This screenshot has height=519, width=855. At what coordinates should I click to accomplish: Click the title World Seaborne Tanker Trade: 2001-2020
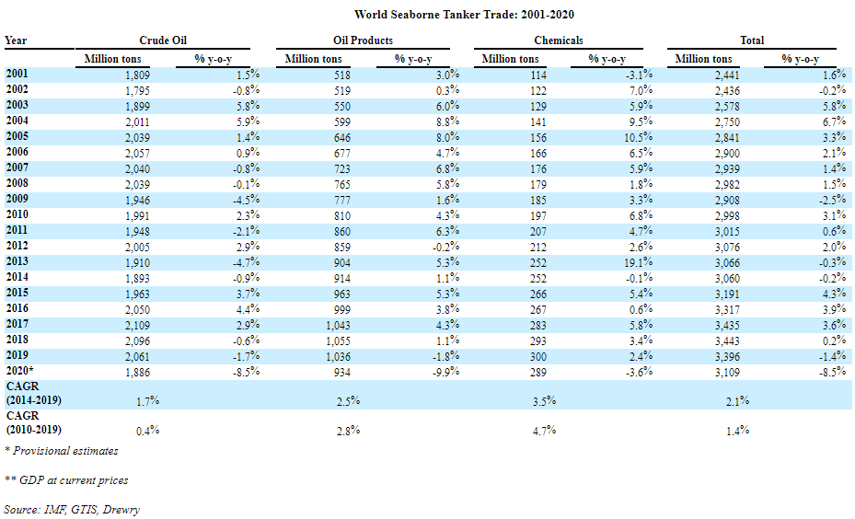[464, 15]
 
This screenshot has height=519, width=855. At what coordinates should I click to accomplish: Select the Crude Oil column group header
[163, 40]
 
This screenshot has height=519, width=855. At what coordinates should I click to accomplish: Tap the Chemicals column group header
[559, 40]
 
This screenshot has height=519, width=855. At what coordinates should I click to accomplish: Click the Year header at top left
[16, 40]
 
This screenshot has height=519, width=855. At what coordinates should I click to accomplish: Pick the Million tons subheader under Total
[703, 59]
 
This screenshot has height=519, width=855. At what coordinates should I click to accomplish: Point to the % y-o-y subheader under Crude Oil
[214, 59]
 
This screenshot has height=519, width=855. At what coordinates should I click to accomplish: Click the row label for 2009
[17, 199]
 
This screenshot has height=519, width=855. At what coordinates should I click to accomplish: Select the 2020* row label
[19, 371]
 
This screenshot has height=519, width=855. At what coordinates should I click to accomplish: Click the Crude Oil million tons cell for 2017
[137, 326]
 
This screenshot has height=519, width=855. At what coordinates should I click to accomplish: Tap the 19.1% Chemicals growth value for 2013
[638, 262]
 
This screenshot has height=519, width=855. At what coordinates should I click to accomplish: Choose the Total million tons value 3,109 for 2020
[727, 373]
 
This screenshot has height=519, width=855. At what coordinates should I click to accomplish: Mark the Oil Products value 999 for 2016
[341, 310]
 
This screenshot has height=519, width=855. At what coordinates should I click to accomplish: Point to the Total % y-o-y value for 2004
[834, 121]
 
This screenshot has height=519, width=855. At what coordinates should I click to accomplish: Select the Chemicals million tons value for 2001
[538, 75]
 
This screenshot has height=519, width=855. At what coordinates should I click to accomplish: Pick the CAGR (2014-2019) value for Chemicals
[544, 401]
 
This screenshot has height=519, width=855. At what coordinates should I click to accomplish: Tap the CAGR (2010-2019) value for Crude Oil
[147, 431]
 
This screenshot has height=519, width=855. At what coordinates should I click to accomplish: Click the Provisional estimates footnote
[61, 451]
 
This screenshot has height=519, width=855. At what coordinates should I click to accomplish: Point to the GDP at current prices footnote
[66, 480]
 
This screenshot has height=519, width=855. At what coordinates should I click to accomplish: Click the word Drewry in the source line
[121, 510]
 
